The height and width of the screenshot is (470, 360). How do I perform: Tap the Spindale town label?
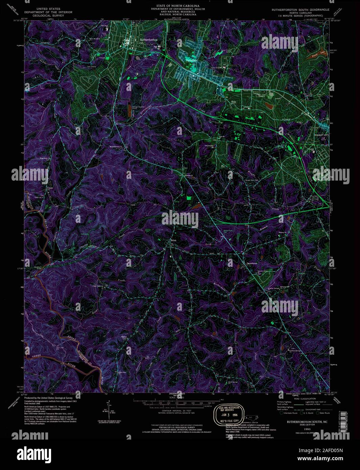point(191,61)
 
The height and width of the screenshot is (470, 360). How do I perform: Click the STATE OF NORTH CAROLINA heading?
point(178,6)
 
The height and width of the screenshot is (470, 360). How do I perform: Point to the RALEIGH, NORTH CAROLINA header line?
point(178,15)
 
